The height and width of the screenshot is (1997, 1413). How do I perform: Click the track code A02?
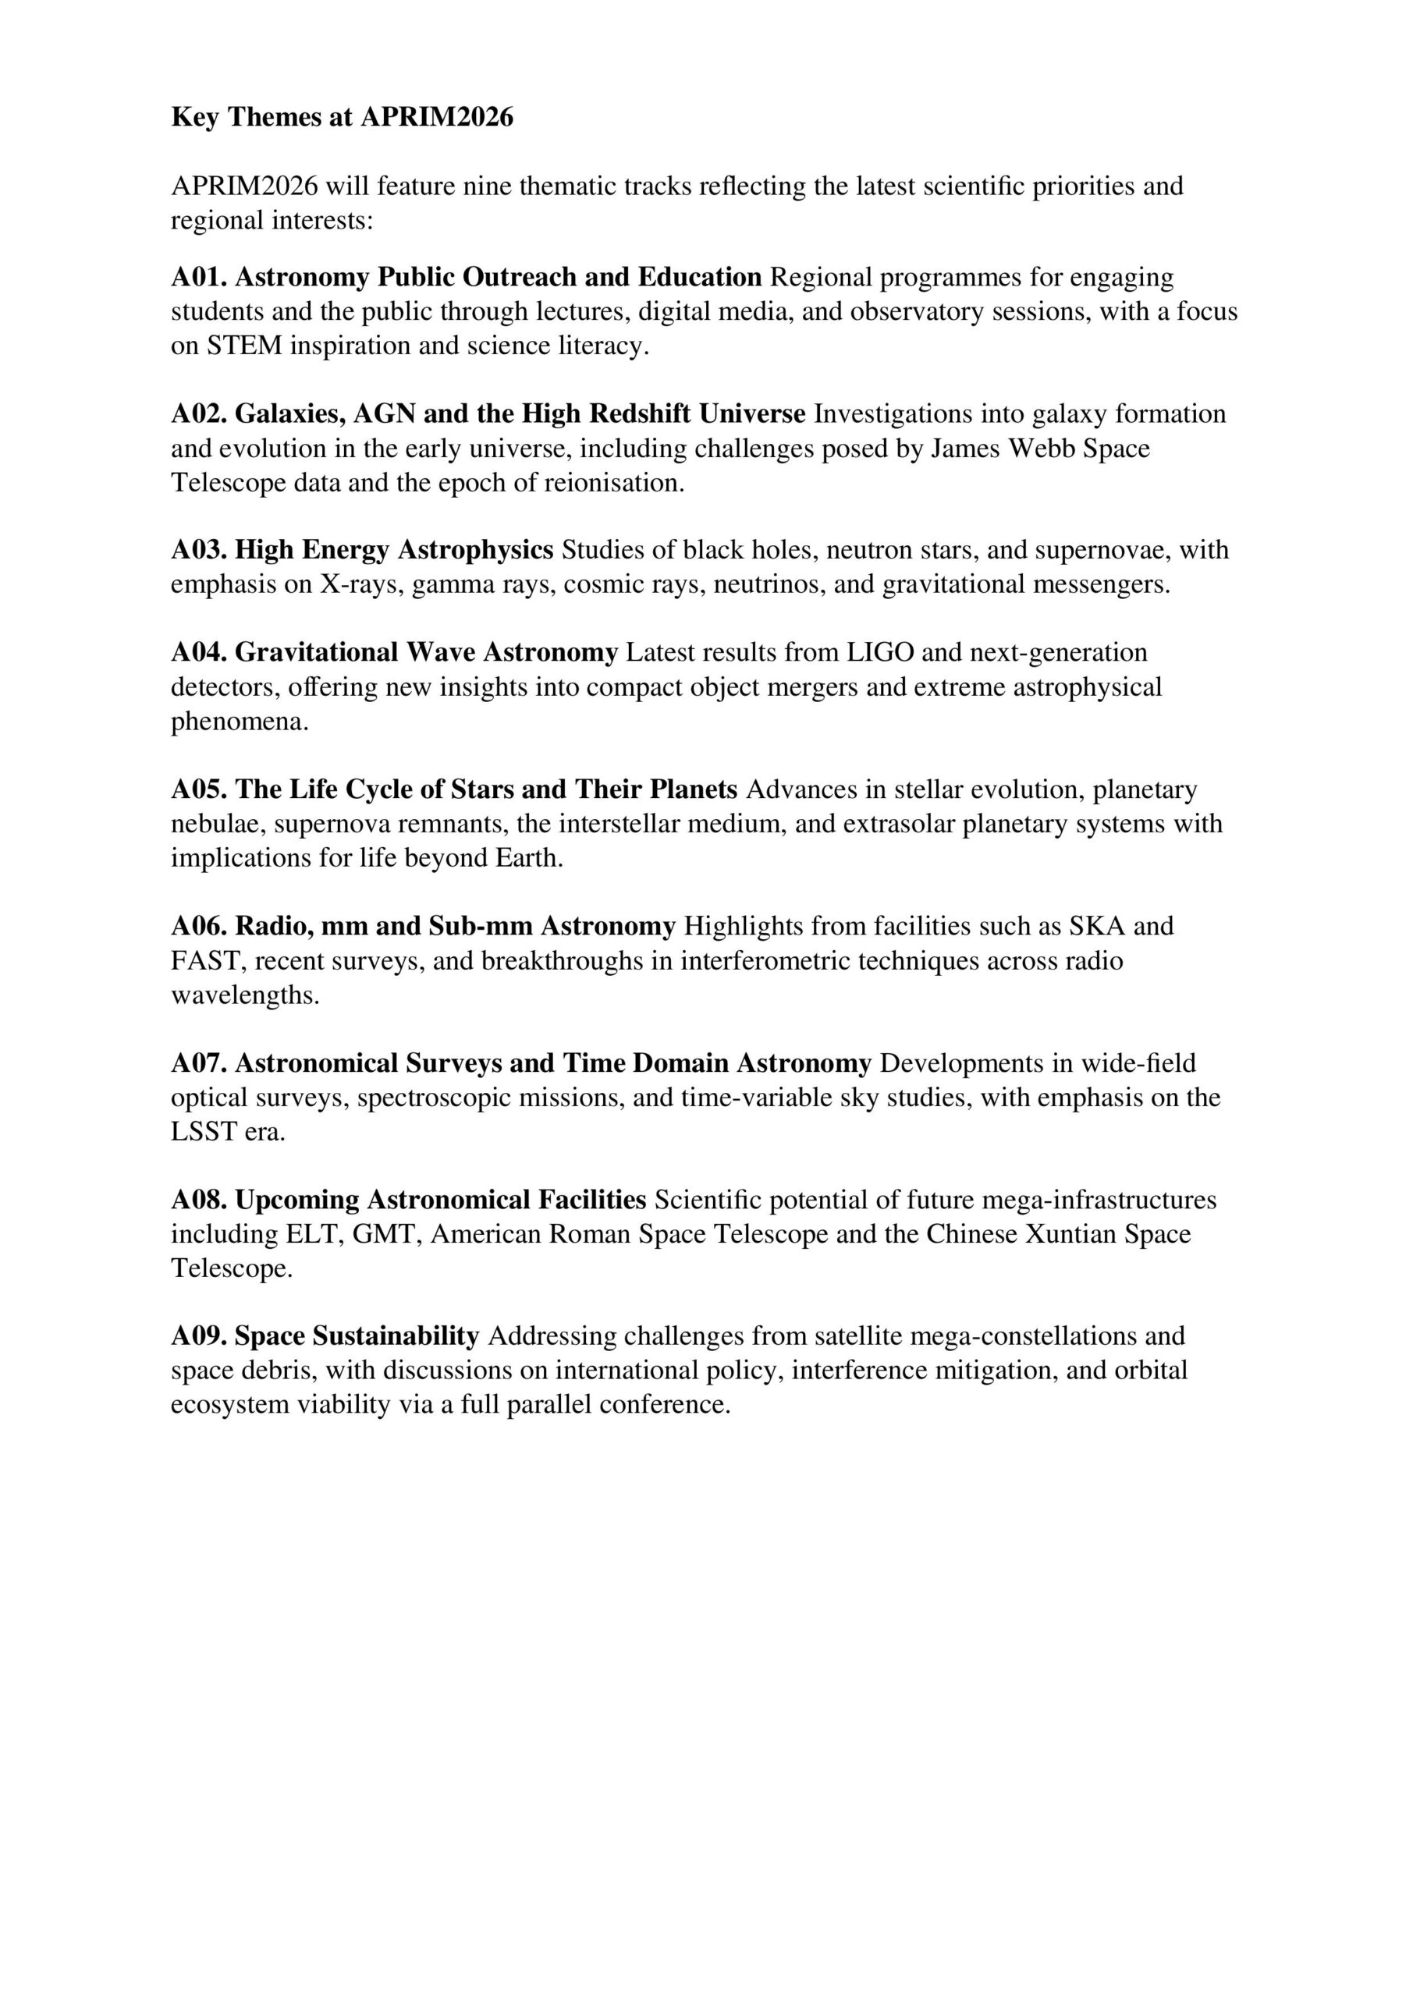pyautogui.click(x=198, y=413)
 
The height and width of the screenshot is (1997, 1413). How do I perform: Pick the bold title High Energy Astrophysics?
pyautogui.click(x=394, y=550)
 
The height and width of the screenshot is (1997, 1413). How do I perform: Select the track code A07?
pyautogui.click(x=198, y=1063)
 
